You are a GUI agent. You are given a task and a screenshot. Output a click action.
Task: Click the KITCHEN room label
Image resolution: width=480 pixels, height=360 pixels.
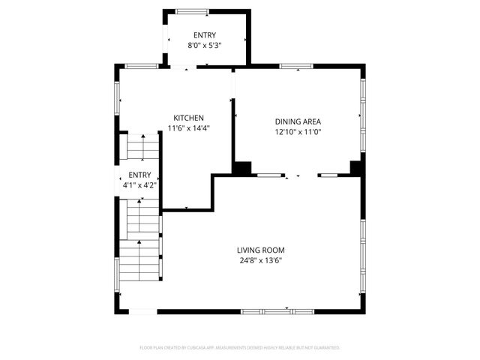(189, 118)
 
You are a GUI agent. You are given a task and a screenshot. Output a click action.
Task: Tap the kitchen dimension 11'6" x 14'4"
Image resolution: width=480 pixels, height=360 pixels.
(189, 127)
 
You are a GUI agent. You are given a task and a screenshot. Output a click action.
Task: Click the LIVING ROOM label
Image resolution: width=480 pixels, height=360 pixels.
(260, 250)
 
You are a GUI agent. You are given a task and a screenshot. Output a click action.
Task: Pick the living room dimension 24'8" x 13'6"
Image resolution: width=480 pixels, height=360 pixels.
(260, 261)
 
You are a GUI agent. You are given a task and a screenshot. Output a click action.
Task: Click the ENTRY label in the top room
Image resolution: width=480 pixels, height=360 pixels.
(205, 35)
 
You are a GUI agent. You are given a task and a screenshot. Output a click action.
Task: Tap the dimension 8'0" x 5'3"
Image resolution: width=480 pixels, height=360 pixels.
(205, 45)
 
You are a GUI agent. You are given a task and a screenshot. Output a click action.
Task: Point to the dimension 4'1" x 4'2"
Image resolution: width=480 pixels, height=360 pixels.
(139, 184)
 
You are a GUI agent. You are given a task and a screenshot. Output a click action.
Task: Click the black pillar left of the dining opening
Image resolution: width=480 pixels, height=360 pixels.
(241, 169)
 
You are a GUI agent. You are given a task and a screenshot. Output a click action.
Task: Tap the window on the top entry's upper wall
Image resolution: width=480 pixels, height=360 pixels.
(198, 10)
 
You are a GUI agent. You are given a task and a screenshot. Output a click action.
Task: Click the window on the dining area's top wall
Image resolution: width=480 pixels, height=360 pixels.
(297, 67)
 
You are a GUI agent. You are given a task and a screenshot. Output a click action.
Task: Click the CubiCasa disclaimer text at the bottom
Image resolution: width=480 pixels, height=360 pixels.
(240, 348)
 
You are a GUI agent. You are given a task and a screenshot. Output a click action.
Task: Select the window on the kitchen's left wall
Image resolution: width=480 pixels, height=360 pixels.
(116, 94)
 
